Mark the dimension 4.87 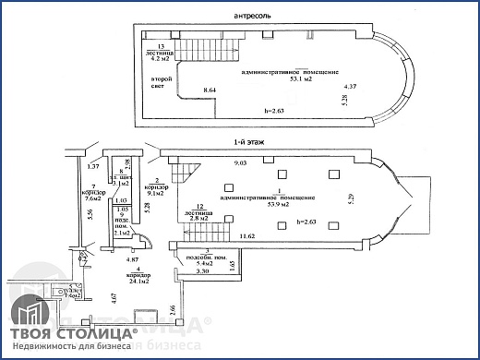[133, 260]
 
